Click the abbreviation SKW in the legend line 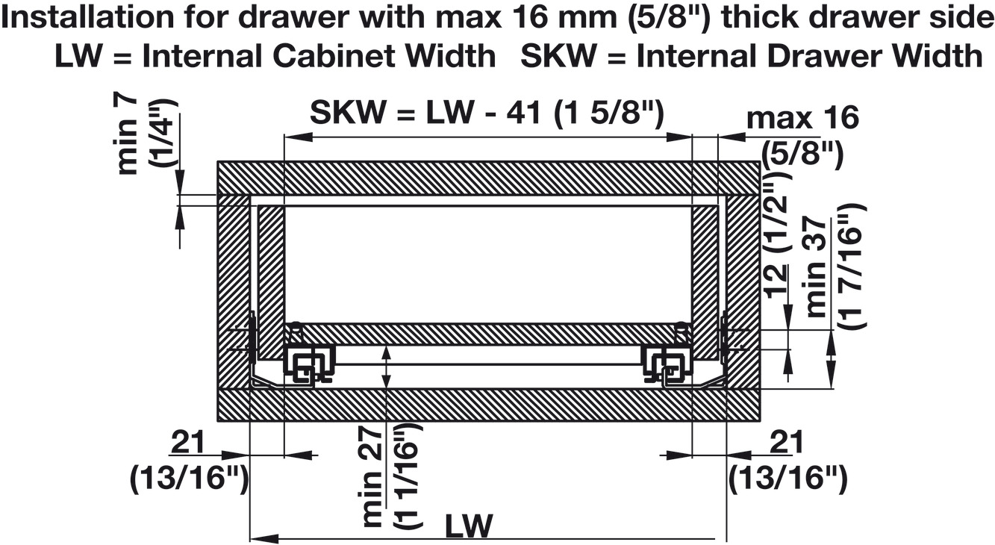pos(558,57)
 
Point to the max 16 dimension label pos(802,118)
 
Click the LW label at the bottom pos(469,526)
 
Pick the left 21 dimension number pos(187,443)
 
